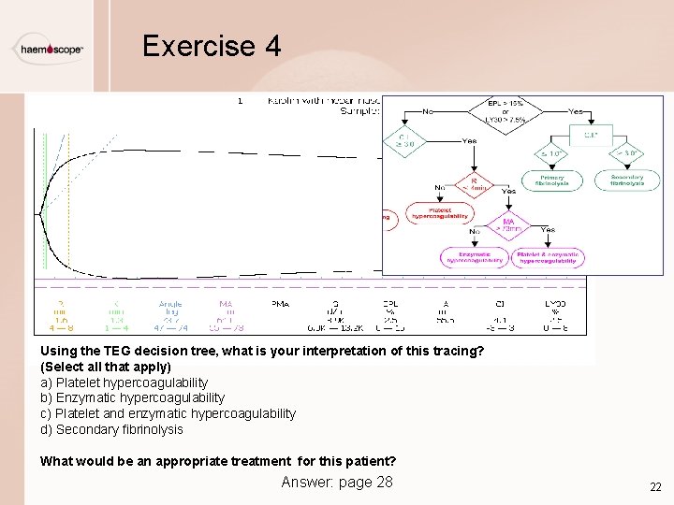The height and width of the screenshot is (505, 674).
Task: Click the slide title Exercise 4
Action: click(x=211, y=46)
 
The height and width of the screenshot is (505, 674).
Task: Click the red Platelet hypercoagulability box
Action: click(x=439, y=213)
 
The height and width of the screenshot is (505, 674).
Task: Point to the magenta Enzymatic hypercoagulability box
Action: click(x=475, y=257)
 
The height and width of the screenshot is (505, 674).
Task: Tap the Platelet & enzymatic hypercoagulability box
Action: click(x=549, y=257)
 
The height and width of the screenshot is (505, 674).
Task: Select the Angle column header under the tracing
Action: click(x=170, y=303)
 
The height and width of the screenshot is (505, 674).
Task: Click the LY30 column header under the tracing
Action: click(x=555, y=303)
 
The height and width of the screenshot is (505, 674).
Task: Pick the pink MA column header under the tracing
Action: click(x=226, y=303)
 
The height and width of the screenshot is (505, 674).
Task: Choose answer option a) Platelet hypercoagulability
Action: click(x=124, y=382)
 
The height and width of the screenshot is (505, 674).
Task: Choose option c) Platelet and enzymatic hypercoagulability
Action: click(x=168, y=413)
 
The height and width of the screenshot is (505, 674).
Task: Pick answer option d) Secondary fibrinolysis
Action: click(x=111, y=429)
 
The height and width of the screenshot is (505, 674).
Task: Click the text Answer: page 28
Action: click(x=337, y=482)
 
